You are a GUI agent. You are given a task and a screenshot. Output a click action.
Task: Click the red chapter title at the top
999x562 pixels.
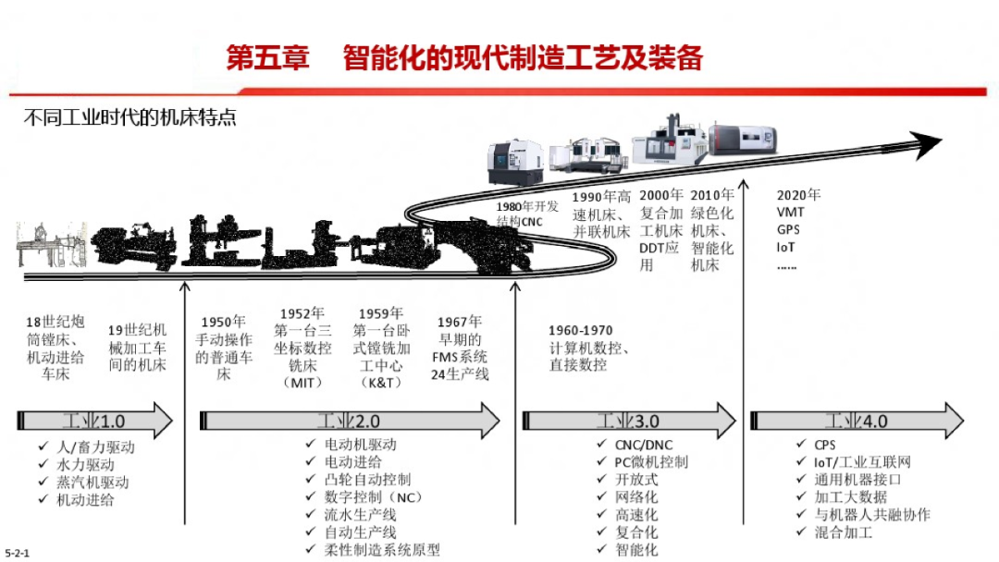[x=465, y=58]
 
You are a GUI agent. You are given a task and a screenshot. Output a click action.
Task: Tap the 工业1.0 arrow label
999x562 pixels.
[x=93, y=421]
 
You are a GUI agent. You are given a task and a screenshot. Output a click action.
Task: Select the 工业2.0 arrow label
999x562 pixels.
[x=349, y=421]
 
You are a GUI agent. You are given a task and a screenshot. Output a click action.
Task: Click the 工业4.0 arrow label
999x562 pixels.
[x=857, y=421]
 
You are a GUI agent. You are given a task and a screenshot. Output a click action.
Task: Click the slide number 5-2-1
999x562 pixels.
[x=18, y=552]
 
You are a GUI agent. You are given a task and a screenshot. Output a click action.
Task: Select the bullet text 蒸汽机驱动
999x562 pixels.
[x=92, y=483]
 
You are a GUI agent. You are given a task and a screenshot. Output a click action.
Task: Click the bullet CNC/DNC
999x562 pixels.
[x=645, y=445]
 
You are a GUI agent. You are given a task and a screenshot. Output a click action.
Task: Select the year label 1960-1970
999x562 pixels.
[x=580, y=331]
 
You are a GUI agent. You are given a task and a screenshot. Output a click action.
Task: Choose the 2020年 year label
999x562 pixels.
[x=798, y=195]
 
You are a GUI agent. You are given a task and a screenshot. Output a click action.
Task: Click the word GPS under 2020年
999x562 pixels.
[x=788, y=230]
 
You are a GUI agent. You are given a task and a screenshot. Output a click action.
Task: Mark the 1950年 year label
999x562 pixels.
[x=224, y=322]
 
